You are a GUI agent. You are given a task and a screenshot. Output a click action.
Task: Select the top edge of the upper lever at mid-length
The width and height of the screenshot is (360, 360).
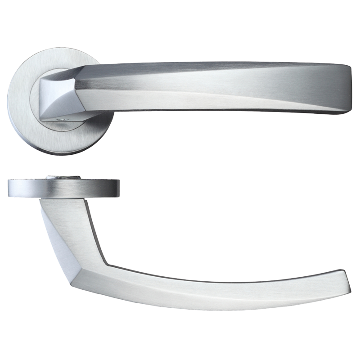pyautogui.click(x=211, y=64)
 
